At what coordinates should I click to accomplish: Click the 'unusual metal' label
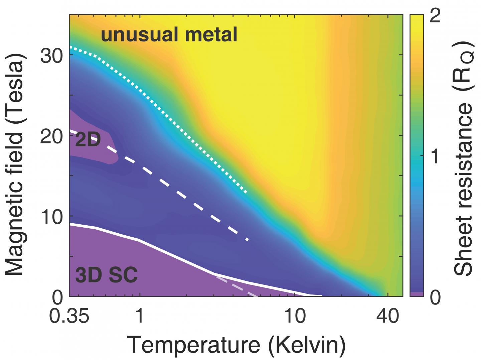[169, 35]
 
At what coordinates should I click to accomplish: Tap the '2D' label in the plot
[88, 140]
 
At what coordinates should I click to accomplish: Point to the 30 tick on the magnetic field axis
[52, 55]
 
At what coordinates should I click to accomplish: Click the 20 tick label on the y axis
[52, 136]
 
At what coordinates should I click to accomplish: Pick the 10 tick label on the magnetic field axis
[52, 216]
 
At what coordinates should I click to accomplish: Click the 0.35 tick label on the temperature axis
[69, 316]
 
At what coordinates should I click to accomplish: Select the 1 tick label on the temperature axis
[140, 316]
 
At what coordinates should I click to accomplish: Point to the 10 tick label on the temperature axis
[295, 316]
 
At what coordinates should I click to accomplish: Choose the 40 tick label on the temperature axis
[388, 316]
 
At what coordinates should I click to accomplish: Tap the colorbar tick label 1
[435, 156]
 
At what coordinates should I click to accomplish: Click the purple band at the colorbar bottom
[416, 294]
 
